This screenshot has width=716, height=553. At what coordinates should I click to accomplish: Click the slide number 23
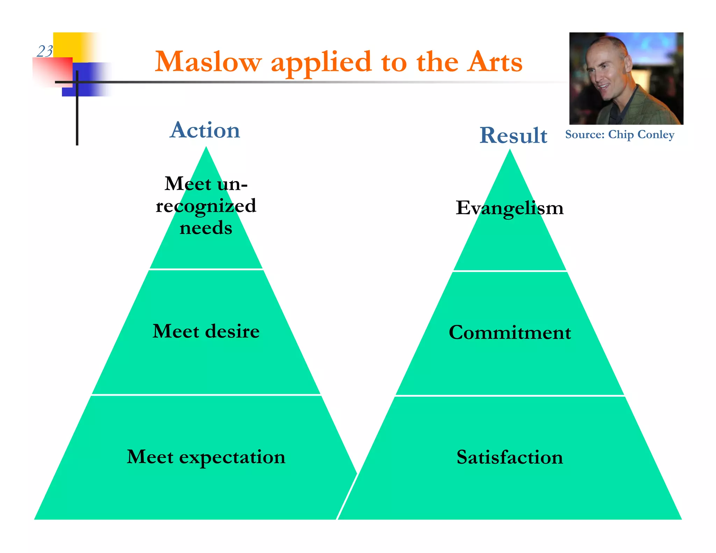pos(45,51)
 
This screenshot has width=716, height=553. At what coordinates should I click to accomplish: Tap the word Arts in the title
pos(495,62)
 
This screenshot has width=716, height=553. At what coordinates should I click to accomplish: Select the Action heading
pos(205,130)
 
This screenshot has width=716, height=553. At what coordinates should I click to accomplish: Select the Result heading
pos(513,135)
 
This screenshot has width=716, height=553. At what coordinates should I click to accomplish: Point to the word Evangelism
pos(509,208)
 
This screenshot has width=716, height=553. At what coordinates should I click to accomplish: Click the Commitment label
pos(509,332)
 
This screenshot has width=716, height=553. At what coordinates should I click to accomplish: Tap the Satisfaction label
pos(509,457)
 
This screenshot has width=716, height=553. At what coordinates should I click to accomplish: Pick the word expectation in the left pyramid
pos(232,457)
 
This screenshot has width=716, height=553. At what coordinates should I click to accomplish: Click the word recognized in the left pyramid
pos(206,206)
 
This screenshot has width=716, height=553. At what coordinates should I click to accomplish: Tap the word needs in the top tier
pos(206,228)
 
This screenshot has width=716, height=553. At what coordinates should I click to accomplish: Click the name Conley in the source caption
pos(656,135)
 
